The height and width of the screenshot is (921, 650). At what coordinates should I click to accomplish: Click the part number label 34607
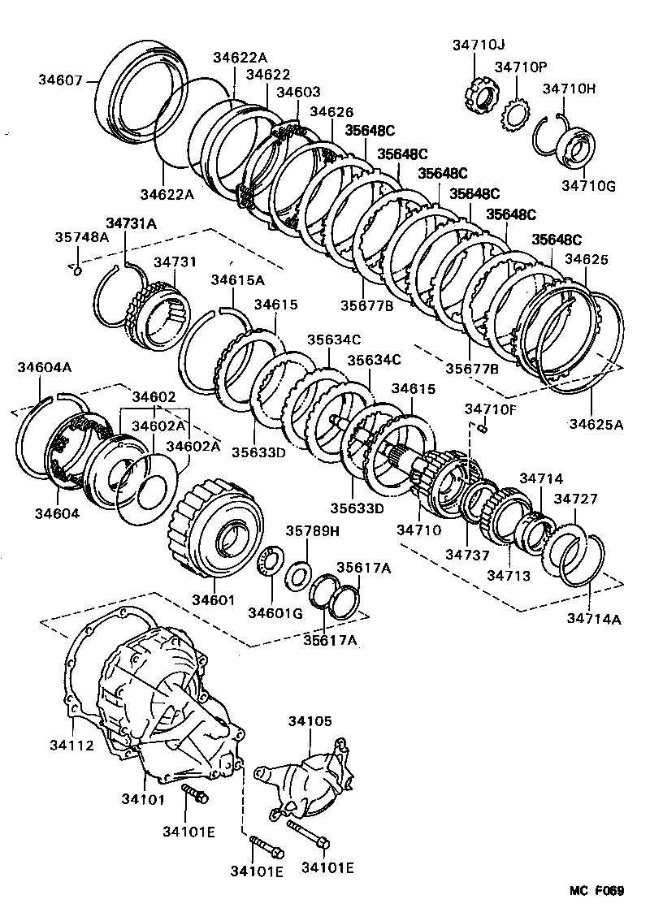60,80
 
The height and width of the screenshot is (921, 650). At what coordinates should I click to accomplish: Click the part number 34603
298,93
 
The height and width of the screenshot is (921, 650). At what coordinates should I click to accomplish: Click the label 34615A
238,280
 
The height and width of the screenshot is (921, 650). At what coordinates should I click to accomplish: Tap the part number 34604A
45,367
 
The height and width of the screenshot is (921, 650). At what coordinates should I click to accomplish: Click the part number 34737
466,555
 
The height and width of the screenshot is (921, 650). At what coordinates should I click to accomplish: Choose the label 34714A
594,620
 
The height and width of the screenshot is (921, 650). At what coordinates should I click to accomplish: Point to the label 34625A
596,423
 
